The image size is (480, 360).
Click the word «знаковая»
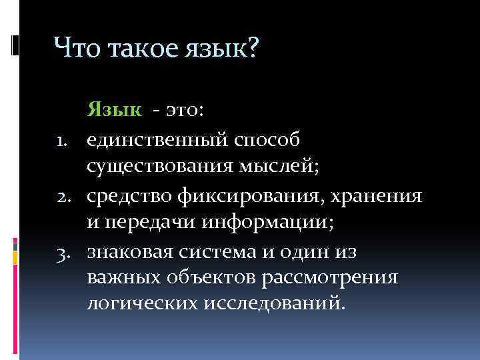click(x=130, y=254)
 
